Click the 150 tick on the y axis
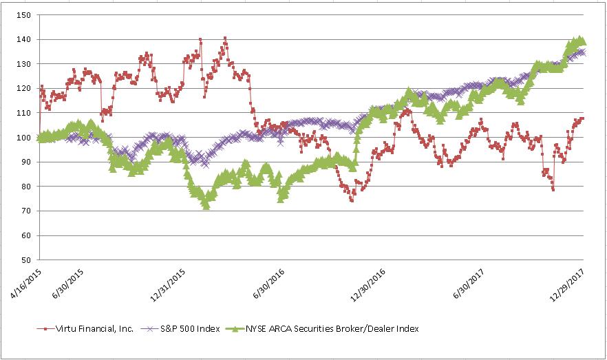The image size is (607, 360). click(x=25, y=15)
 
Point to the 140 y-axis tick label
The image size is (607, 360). click(x=25, y=40)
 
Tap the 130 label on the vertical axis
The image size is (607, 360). click(x=25, y=64)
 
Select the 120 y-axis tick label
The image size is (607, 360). click(x=25, y=89)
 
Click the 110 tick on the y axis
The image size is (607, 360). click(x=25, y=113)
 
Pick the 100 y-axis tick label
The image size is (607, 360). click(x=25, y=138)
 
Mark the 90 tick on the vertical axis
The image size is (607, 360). click(x=28, y=162)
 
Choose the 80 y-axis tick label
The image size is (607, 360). click(x=28, y=187)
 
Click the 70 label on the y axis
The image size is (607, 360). click(x=28, y=211)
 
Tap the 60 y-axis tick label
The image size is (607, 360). click(x=28, y=236)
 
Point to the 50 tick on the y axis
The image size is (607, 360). click(x=28, y=260)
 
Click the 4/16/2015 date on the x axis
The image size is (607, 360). click(x=26, y=284)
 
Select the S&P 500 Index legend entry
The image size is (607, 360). click(x=187, y=328)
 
